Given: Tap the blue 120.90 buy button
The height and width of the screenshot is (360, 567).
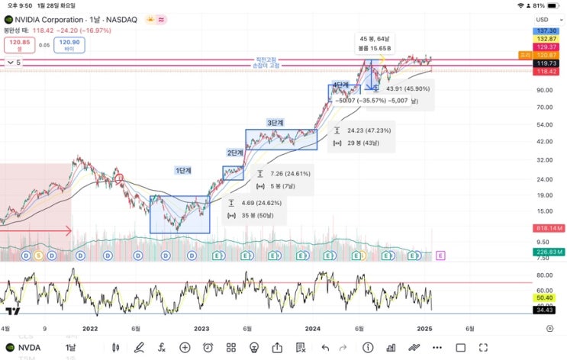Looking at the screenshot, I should [69, 45].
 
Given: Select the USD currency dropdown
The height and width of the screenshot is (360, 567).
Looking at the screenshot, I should [543, 19].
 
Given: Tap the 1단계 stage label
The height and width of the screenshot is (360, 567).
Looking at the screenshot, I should [183, 171].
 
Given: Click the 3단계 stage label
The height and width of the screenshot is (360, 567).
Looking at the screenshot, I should [275, 123].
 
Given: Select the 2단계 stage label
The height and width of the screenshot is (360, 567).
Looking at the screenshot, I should [234, 153].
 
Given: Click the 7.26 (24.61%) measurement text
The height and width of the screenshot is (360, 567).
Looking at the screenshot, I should [291, 174].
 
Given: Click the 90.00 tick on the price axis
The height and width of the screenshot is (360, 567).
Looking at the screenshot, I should [544, 90].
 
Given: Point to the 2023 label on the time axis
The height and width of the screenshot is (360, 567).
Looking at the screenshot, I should [201, 329].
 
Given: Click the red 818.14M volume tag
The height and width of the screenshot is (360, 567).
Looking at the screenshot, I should [549, 228].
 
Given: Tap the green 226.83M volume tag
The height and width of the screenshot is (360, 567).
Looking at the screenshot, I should [549, 252].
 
